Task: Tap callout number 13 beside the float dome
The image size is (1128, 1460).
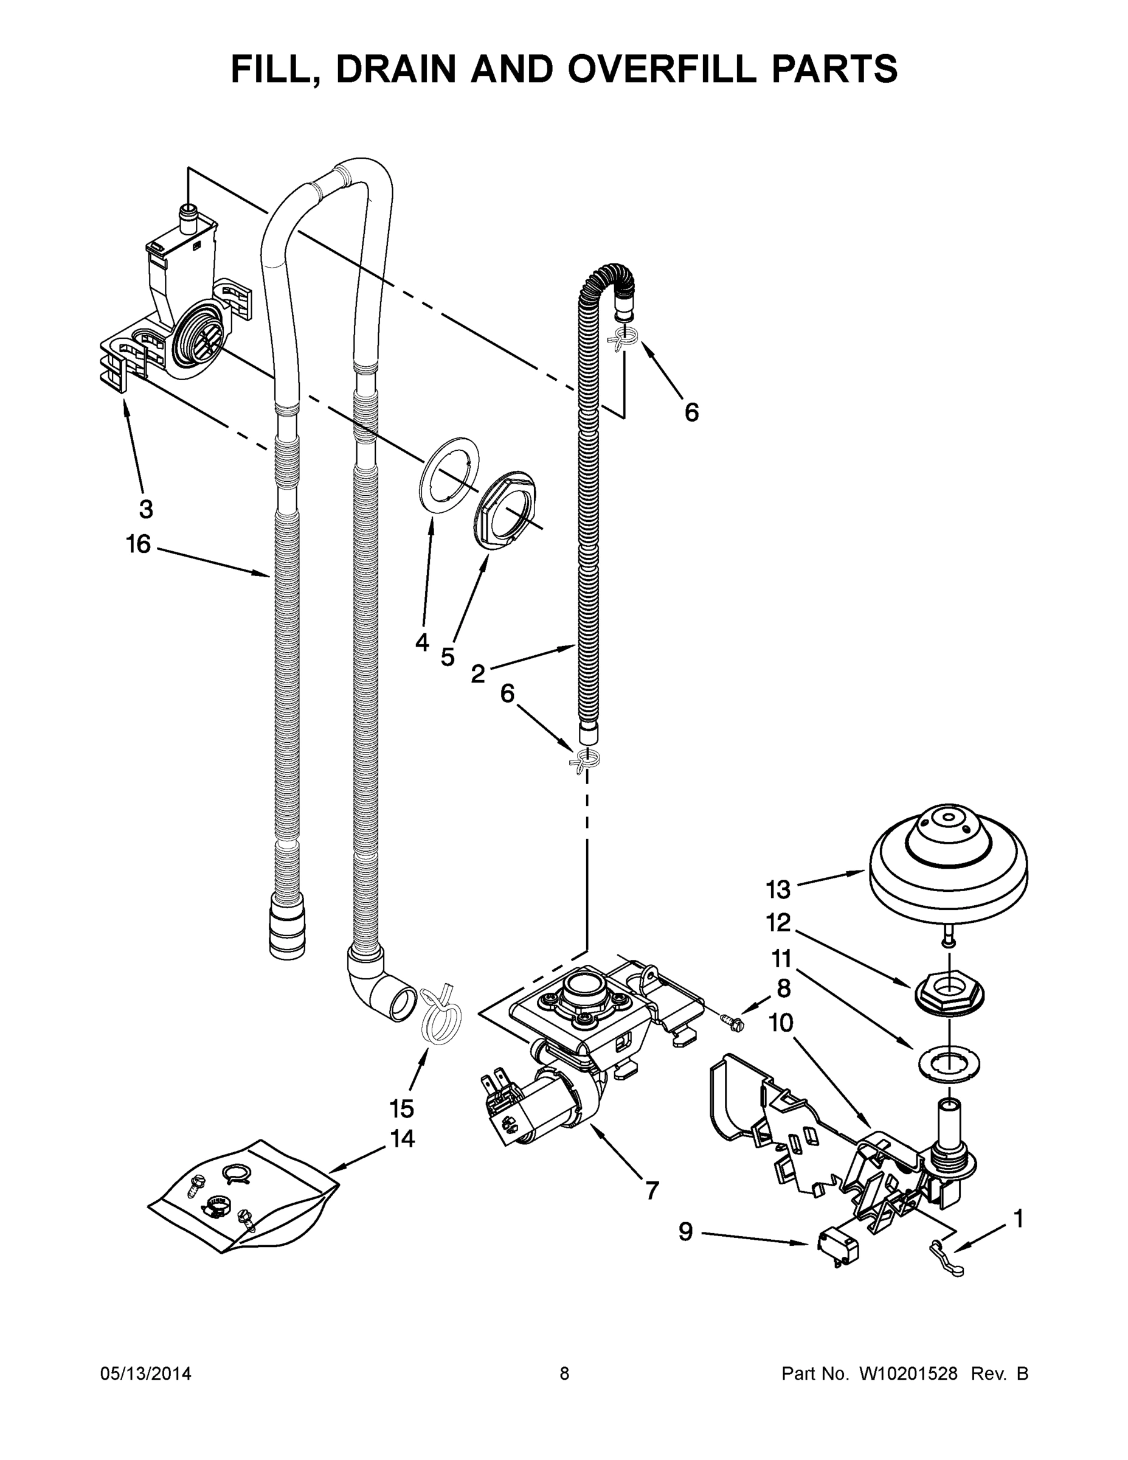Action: (778, 890)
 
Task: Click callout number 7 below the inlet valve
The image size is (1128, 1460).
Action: (651, 1189)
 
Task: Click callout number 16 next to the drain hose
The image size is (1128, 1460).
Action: (138, 544)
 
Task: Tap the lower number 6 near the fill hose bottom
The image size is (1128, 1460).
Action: (508, 694)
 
